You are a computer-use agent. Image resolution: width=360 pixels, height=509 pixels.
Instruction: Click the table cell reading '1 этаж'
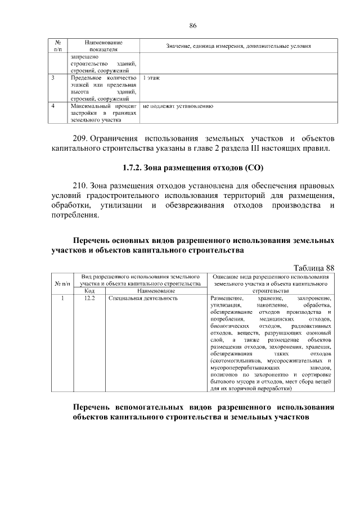click(151, 78)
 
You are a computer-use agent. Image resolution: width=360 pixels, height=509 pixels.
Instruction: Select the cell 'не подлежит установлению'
click(177, 105)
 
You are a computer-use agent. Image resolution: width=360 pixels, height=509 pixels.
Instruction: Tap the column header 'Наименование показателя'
click(104, 46)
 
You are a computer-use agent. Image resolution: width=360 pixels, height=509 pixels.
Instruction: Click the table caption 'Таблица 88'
click(314, 267)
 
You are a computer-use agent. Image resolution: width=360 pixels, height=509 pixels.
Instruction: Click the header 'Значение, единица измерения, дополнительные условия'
click(238, 46)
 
